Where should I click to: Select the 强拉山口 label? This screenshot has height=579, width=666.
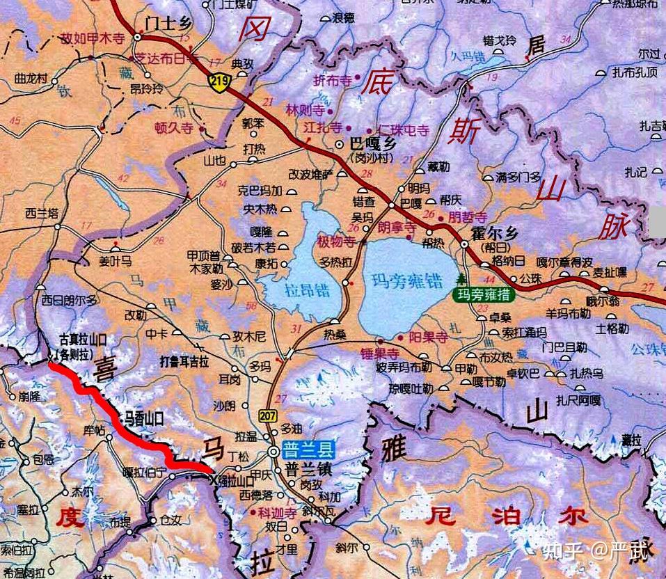(235, 480)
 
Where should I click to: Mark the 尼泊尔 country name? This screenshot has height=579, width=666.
(509, 517)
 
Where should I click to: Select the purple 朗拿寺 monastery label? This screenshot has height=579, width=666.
(397, 228)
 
